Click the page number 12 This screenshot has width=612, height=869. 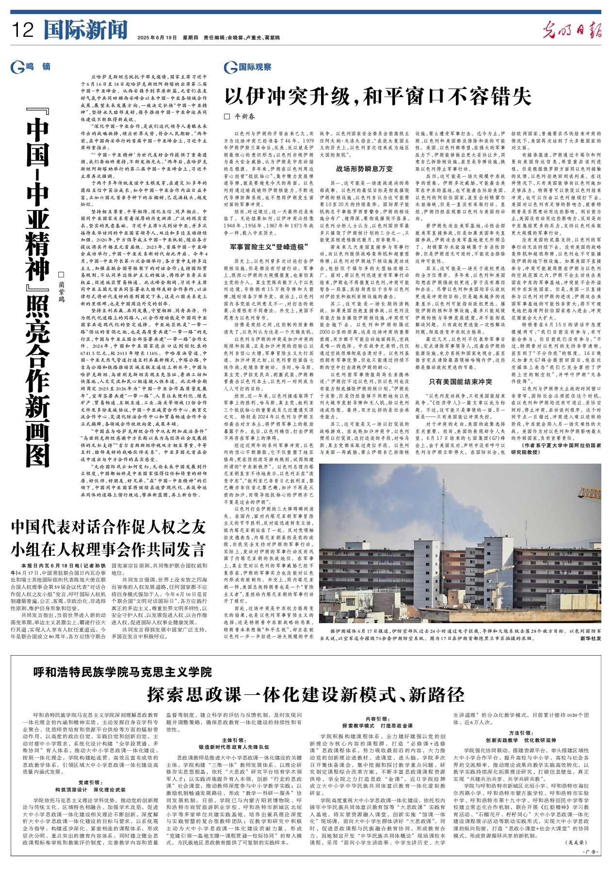click(x=23, y=31)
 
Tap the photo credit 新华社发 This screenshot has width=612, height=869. click(x=590, y=639)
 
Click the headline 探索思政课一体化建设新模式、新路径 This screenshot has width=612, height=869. click(x=306, y=695)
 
